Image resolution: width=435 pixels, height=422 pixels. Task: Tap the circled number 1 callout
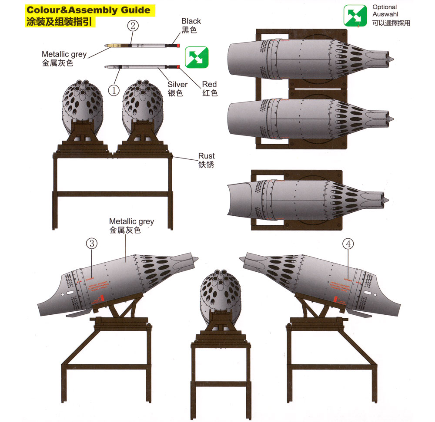114,91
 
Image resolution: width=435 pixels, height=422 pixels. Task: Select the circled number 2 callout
133,26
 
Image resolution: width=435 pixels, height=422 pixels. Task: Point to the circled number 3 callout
91,244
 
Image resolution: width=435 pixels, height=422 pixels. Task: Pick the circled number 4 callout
348,244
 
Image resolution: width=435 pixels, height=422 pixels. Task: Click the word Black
191,21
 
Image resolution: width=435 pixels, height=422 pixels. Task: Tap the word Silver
177,84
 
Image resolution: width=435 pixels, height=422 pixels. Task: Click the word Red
209,84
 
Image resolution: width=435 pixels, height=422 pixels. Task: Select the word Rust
206,156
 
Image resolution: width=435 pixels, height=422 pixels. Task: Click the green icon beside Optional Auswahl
355,16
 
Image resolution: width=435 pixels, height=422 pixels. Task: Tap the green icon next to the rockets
197,57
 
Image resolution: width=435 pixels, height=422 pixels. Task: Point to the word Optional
385,7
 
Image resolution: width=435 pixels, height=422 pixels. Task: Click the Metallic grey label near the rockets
64,54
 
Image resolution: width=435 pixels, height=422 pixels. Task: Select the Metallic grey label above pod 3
131,221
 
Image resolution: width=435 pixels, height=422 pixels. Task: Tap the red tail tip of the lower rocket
178,66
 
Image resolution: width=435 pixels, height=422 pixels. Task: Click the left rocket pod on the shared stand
83,107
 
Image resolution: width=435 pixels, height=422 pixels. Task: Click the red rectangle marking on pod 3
101,299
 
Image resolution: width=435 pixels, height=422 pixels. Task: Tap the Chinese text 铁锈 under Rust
206,165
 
